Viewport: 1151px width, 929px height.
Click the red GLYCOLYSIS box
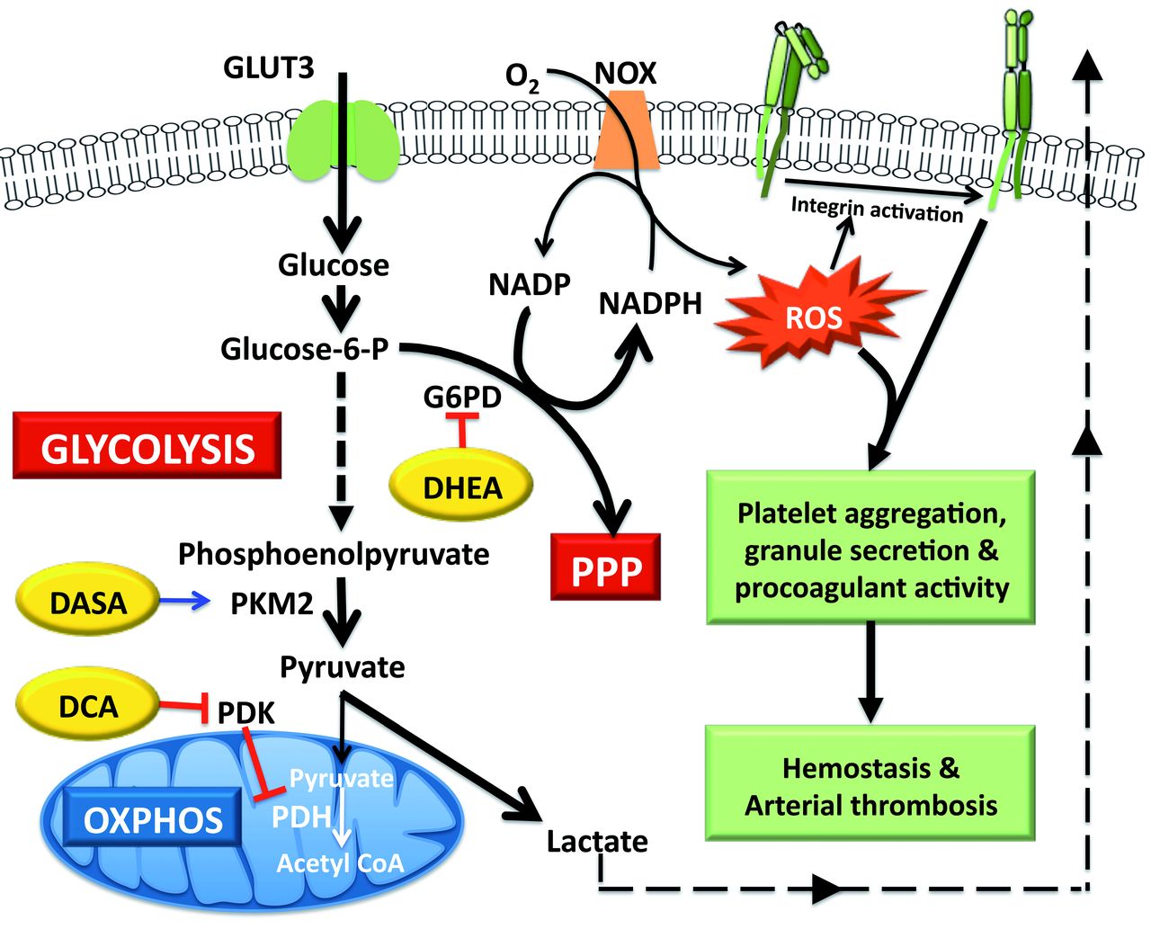147,446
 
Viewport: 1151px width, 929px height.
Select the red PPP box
605,567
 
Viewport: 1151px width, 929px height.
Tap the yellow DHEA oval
461,487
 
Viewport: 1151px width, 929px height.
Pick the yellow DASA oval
88,603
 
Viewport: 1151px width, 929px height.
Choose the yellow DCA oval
88,706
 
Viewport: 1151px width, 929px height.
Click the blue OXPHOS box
153,819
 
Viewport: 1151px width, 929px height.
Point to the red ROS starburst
813,317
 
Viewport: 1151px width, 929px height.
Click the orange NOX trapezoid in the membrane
626,135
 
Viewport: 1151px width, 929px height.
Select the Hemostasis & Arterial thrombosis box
870,784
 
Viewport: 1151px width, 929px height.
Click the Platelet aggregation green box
870,548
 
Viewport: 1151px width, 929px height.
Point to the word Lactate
597,842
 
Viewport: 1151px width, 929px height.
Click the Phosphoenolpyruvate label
334,553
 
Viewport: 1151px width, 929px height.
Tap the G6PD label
462,396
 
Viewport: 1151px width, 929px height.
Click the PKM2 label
272,603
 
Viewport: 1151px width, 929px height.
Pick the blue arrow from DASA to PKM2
184,602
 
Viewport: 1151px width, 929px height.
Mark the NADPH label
650,303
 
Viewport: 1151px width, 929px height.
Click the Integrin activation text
877,210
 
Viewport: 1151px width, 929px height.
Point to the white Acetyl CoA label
340,863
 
